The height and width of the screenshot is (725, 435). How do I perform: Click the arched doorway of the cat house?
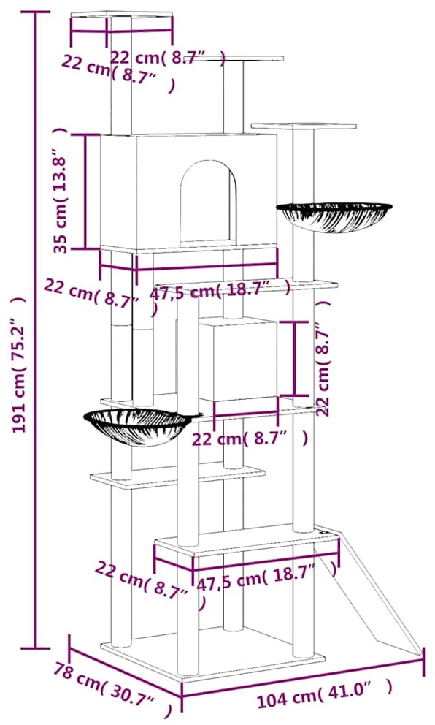click(x=208, y=202)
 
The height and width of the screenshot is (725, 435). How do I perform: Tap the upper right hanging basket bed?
click(x=334, y=216)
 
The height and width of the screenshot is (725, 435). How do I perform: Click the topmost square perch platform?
click(x=121, y=16)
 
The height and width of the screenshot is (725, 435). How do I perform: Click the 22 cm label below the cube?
click(x=250, y=437)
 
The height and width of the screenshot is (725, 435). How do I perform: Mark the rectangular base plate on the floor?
click(x=212, y=652)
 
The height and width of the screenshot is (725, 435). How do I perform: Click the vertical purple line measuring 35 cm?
click(x=85, y=191)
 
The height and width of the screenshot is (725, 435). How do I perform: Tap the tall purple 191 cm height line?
click(x=36, y=330)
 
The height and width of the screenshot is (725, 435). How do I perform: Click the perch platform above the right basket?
click(x=304, y=126)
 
